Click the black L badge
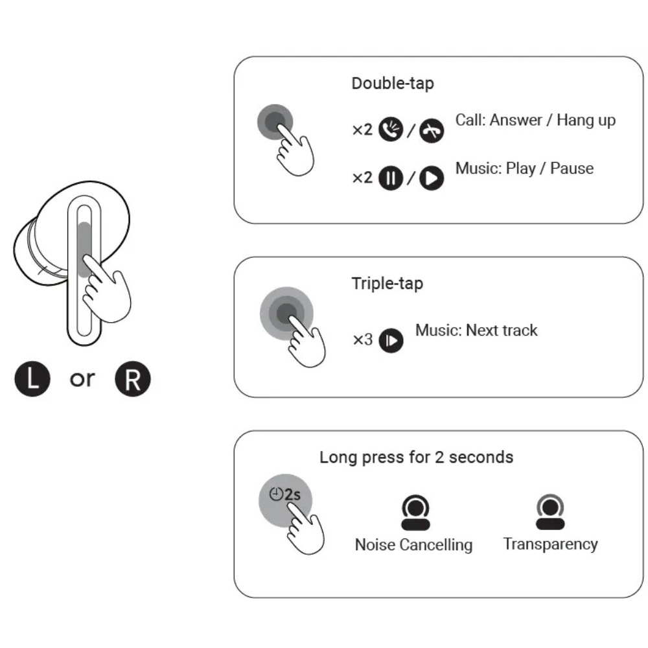click(x=32, y=380)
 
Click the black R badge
click(x=132, y=380)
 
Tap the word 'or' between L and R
click(x=82, y=379)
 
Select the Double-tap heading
click(x=393, y=84)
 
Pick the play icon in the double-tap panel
click(x=432, y=178)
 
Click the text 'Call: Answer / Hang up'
click(x=535, y=120)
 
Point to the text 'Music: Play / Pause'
click(x=524, y=168)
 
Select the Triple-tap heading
click(x=388, y=284)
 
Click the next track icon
click(x=391, y=340)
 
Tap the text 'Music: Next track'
click(x=476, y=330)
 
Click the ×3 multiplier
click(x=363, y=339)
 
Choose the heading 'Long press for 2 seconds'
click(x=416, y=457)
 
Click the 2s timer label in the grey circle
click(x=286, y=494)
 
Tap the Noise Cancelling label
click(x=413, y=545)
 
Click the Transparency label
click(x=550, y=544)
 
